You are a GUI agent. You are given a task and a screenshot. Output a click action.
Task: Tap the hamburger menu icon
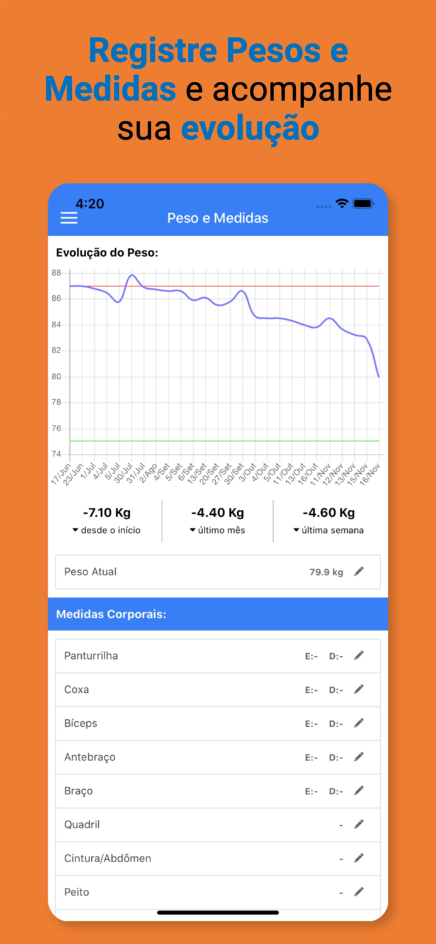[69, 218]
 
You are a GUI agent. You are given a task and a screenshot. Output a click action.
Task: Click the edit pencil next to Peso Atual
[359, 571]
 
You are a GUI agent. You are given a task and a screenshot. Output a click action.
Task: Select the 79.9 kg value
[326, 572]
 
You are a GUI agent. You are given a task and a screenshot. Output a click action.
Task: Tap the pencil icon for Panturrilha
[359, 656]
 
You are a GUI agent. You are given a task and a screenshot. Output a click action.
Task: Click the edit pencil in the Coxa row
[359, 690]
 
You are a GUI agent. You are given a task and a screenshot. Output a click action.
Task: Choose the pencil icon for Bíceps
[359, 723]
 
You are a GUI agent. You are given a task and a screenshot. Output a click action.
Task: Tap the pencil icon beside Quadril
[359, 824]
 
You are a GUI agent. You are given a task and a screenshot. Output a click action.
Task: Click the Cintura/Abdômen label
[108, 858]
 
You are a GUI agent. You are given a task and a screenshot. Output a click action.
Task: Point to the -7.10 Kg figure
[107, 513]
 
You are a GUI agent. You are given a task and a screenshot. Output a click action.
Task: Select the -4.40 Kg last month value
[218, 513]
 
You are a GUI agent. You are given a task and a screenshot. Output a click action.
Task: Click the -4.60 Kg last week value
[328, 513]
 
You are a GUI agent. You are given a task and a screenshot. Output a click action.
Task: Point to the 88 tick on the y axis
[57, 273]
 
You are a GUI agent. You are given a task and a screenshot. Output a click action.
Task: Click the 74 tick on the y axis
[57, 454]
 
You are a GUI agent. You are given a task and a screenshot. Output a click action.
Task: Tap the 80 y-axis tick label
[57, 376]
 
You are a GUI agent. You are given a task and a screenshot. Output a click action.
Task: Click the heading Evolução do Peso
[107, 253]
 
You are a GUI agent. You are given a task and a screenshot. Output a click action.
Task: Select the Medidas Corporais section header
[111, 614]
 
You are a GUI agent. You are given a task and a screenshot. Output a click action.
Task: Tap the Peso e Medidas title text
[218, 218]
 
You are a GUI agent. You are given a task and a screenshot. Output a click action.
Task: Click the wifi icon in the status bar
[342, 204]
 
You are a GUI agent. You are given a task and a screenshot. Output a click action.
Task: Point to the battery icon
[364, 204]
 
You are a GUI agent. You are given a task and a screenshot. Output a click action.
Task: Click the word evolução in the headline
[250, 128]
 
